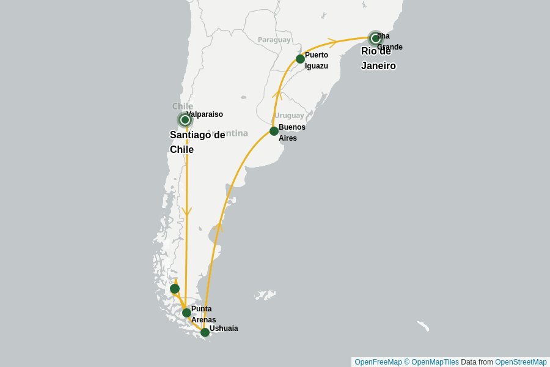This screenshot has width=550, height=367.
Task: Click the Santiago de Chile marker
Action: point(185,120)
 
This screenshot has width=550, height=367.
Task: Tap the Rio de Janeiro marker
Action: point(376,39)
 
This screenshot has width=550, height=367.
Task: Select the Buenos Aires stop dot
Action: point(274,131)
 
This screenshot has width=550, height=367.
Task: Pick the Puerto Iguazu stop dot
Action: point(300,59)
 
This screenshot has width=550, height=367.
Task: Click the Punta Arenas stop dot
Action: point(186,313)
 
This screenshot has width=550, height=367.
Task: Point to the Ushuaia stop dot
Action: point(205,332)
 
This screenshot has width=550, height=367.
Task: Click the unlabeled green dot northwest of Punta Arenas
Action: point(175,289)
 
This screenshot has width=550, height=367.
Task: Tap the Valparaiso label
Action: point(205,114)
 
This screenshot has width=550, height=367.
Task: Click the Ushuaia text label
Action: point(224,328)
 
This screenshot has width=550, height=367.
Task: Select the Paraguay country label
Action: point(274,40)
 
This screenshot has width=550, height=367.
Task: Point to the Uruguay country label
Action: point(289,115)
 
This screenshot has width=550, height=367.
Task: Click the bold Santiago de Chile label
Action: point(197,142)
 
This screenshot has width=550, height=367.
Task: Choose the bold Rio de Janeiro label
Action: point(378,59)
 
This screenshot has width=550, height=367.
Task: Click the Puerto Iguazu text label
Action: point(317,61)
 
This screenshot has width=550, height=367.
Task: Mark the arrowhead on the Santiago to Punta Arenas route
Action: point(187,212)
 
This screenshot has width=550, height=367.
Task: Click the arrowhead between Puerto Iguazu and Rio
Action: point(332,42)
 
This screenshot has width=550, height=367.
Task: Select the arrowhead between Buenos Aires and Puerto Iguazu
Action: point(277,94)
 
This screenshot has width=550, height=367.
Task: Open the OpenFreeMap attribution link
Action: point(378,362)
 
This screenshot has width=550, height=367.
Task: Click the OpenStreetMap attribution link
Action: point(521,362)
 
